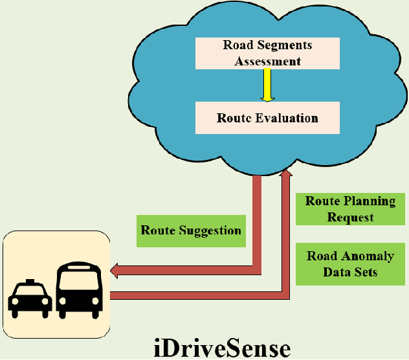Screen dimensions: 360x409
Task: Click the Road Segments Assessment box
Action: [x=267, y=53]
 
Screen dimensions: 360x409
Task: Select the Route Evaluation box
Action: [x=267, y=118]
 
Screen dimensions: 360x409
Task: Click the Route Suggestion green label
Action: [x=191, y=231]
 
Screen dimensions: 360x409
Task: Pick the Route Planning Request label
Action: [x=350, y=208]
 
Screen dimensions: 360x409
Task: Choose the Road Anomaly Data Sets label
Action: [x=350, y=264]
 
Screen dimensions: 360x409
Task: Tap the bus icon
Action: [x=80, y=291]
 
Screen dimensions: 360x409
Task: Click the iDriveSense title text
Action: [x=223, y=348]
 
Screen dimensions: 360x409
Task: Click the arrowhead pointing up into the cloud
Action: [x=285, y=174]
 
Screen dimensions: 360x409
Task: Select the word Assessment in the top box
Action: [x=267, y=62]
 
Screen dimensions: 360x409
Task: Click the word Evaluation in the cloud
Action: [x=286, y=118]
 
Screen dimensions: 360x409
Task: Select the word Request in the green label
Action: [x=350, y=217]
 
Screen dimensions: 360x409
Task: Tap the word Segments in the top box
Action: [x=284, y=45]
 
